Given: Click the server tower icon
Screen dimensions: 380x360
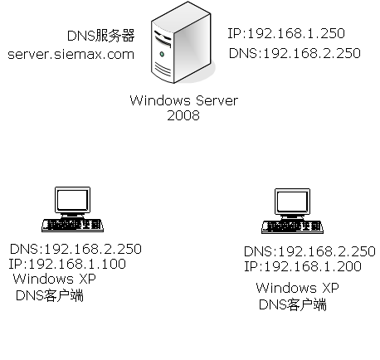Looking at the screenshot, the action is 182,42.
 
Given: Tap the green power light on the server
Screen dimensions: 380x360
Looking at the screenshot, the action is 162,54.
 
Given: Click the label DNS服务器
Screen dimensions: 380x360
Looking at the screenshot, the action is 100,36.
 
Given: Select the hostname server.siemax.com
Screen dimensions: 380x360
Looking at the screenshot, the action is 71,55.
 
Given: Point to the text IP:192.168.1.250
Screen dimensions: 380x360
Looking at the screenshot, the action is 286,33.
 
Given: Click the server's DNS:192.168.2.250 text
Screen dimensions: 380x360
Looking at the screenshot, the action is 295,53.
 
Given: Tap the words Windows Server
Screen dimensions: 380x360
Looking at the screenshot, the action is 184,100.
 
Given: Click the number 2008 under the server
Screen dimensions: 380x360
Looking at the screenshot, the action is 183,115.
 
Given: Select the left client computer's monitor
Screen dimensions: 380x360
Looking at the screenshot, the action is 72,202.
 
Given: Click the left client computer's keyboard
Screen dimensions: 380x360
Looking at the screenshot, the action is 72,225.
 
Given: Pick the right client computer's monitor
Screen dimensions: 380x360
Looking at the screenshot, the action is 292,203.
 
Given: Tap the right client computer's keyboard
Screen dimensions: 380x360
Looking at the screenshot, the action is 292,227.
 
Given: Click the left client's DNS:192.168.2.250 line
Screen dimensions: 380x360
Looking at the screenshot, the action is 76,249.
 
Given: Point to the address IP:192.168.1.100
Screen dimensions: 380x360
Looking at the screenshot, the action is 67,264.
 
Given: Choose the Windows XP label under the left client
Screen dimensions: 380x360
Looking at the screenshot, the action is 55,279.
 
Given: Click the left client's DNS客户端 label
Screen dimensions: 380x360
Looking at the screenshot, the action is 50,295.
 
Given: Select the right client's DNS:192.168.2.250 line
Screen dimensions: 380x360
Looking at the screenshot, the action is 309,251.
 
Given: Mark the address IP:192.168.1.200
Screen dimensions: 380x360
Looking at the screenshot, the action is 303,266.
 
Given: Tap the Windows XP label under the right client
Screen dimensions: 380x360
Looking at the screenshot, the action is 298,288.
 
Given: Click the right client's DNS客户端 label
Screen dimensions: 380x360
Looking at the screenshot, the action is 293,304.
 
